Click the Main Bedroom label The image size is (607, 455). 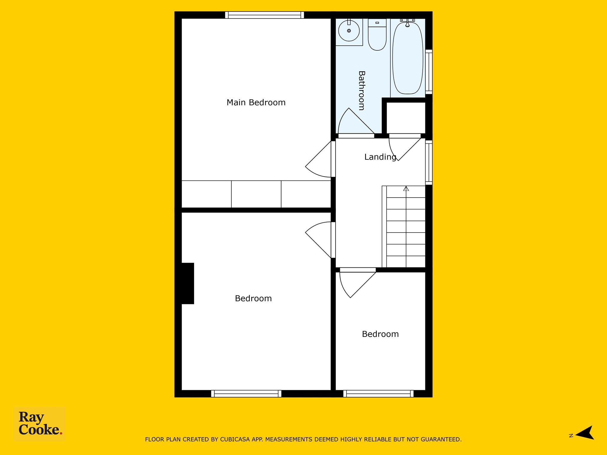point(256,102)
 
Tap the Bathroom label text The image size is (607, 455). point(361,91)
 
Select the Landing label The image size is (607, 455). point(380,157)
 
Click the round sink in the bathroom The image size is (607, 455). point(349,31)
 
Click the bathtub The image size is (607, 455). point(408,58)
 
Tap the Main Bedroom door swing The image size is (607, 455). point(318,159)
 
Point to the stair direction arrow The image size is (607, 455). point(406,188)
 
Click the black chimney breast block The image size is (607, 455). point(188,283)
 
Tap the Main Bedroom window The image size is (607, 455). point(264,15)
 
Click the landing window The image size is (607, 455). point(429,163)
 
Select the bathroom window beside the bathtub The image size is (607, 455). point(429,72)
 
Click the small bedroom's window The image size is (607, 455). point(378,394)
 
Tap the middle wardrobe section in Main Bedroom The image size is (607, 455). point(256,194)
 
